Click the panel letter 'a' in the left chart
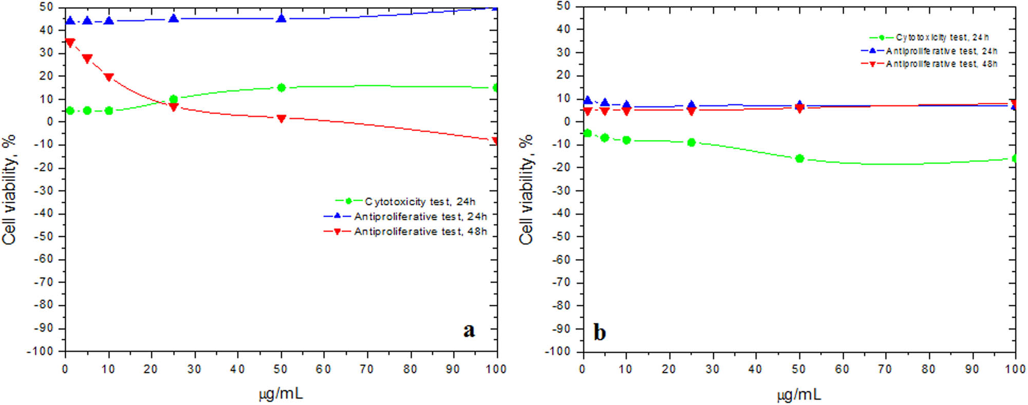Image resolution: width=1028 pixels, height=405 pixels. tap(469, 330)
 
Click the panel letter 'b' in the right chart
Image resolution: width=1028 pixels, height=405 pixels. tap(600, 332)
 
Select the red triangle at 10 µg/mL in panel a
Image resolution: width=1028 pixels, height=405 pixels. tap(108, 77)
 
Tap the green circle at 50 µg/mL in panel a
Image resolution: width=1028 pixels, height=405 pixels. tap(281, 88)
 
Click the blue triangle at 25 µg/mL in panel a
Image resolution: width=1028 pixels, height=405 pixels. tap(174, 19)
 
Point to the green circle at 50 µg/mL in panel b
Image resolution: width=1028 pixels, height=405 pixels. tap(799, 159)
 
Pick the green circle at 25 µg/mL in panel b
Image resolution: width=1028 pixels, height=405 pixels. tap(691, 142)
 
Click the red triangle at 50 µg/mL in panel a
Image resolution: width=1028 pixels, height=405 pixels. tap(281, 119)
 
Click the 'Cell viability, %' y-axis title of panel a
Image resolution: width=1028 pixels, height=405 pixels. tap(9, 190)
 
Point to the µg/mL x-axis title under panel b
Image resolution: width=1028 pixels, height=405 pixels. tap(799, 394)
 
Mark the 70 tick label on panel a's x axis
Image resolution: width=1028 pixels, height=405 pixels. tap(366, 369)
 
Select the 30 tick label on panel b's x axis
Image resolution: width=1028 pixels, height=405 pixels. tap(712, 369)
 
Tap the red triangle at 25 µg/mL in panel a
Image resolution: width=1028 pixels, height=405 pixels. tap(174, 107)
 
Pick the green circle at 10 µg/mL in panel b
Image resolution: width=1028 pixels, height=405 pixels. tap(626, 140)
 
